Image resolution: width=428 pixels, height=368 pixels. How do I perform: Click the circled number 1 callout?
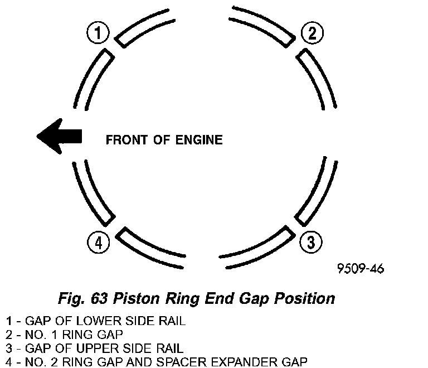point(98,33)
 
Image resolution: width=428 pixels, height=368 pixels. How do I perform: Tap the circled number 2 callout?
point(312,33)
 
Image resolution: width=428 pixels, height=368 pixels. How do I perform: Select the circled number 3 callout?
point(311,241)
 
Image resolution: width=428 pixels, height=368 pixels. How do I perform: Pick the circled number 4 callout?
point(98,241)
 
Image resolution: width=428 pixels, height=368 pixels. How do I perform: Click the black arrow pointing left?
point(59,136)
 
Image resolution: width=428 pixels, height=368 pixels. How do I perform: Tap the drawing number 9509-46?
point(361,269)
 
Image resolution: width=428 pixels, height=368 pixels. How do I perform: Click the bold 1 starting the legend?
point(8,321)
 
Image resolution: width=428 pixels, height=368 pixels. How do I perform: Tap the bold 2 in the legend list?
point(8,335)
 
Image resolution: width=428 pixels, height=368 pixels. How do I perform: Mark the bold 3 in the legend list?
point(8,348)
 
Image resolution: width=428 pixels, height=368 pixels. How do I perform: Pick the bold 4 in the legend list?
point(8,361)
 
